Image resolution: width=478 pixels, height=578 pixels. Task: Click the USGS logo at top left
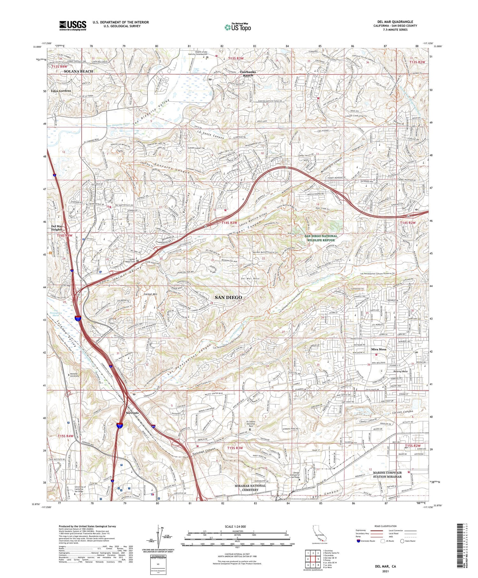[x=73, y=26]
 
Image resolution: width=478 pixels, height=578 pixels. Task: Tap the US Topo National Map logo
[x=237, y=27]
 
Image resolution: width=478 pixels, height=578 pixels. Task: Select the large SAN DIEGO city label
[x=228, y=297]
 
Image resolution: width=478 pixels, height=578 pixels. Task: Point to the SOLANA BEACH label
[x=78, y=71]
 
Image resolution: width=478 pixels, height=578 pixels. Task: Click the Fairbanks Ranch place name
[x=248, y=74]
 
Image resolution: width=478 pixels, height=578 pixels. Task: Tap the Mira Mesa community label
[x=379, y=349]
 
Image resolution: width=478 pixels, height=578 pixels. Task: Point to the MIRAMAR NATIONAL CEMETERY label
[x=250, y=488]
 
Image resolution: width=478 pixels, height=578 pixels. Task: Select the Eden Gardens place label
[x=60, y=91]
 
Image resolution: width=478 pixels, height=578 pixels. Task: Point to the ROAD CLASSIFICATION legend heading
[x=386, y=526]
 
